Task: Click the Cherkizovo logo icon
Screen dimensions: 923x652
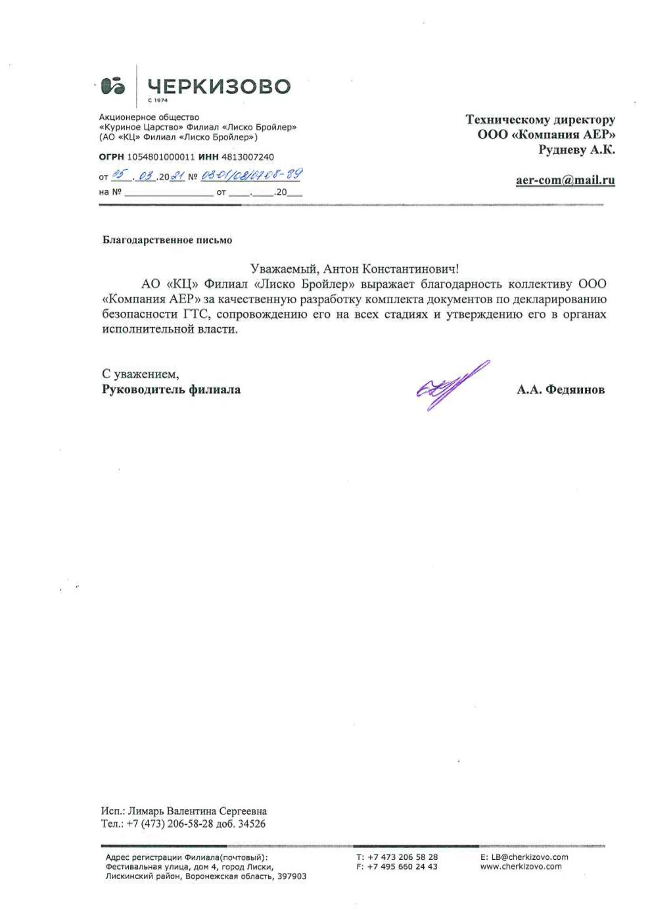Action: coord(114,86)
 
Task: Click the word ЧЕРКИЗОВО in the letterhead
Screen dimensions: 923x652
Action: coord(219,86)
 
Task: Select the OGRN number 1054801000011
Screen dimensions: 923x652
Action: coord(161,157)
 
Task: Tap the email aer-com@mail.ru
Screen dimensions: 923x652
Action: coord(565,180)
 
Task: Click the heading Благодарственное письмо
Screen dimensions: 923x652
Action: coord(167,240)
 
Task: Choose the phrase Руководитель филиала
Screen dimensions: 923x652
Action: coord(171,389)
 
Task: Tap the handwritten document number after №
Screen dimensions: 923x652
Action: coord(251,175)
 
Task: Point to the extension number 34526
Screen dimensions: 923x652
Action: coord(252,824)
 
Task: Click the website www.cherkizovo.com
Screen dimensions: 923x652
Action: coord(521,866)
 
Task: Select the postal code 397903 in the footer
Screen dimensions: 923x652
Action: coord(292,876)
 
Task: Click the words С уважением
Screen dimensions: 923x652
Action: coord(140,374)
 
